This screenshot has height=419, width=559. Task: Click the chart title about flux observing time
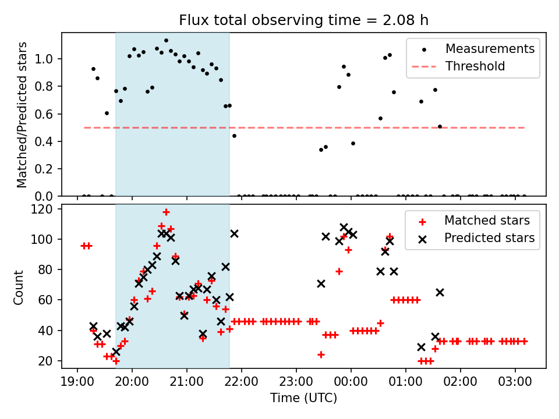click(304, 20)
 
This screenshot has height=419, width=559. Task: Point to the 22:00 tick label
click(241, 382)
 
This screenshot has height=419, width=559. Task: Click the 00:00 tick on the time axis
click(351, 382)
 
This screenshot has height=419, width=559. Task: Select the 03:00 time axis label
click(515, 382)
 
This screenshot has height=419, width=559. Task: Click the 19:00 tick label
click(77, 382)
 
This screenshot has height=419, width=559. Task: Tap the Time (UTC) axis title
click(304, 397)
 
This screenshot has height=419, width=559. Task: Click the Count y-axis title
click(18, 287)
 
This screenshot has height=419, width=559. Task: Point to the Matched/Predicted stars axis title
click(22, 115)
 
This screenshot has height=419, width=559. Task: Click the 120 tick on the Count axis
click(42, 209)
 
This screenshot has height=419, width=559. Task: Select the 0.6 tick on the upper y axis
click(44, 114)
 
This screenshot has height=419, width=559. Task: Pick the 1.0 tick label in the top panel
click(44, 59)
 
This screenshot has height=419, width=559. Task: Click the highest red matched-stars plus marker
click(166, 212)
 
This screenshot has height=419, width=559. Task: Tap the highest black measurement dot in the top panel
click(166, 41)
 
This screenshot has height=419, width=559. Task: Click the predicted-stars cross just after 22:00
click(234, 234)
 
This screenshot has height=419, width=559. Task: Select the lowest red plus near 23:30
click(321, 355)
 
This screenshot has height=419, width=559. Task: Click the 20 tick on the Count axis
click(45, 361)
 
